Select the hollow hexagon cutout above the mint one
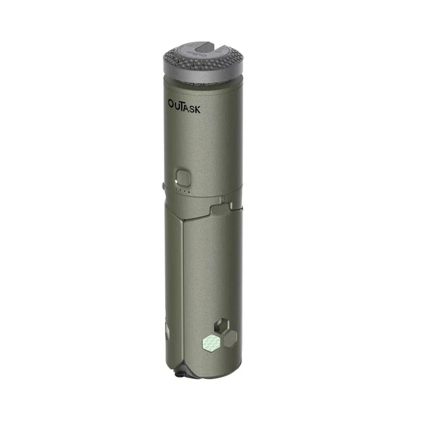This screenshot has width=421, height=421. point(222,326)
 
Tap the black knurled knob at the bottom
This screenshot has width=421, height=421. point(182,372)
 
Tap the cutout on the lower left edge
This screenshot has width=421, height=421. point(167,330)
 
